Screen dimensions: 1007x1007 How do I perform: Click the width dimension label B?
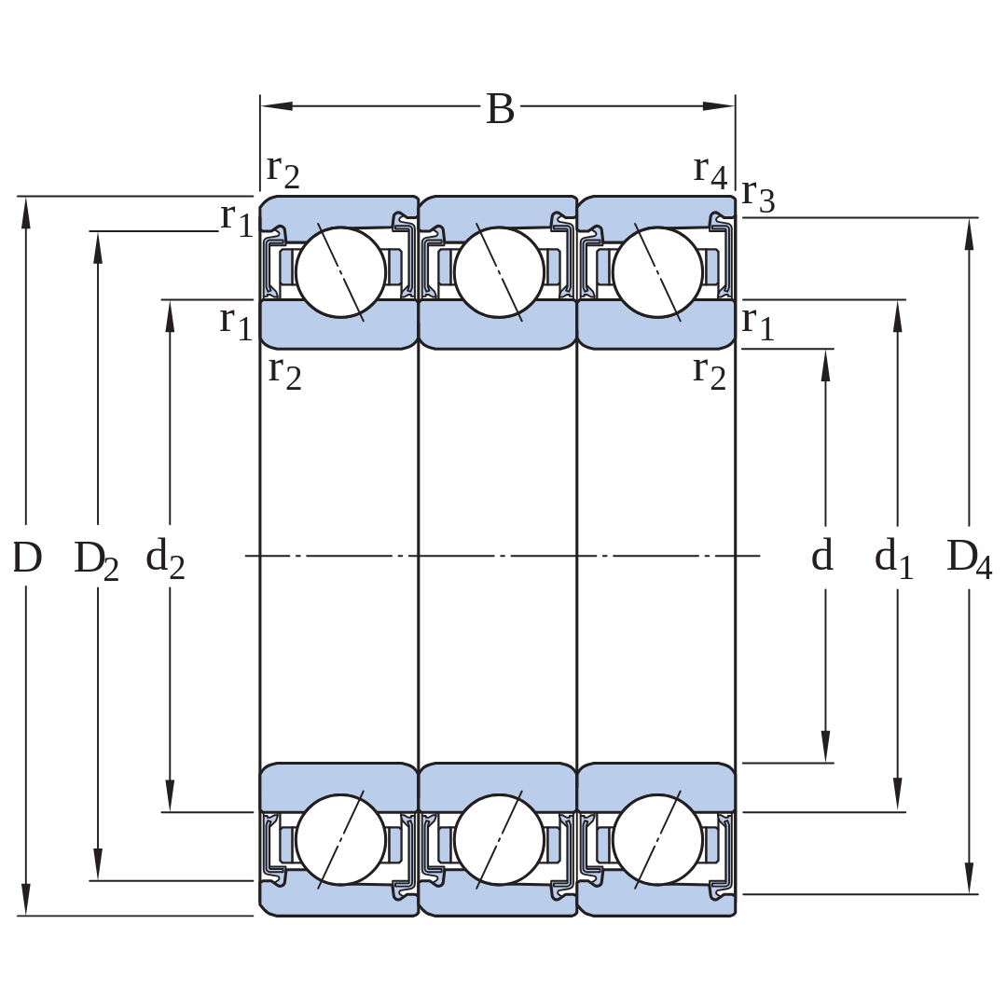(501, 108)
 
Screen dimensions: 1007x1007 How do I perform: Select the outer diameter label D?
(27, 557)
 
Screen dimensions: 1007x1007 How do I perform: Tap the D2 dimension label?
(96, 559)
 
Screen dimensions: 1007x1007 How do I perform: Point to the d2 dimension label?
(165, 558)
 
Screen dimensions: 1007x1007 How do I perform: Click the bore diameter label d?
(822, 554)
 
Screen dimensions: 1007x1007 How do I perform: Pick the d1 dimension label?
(893, 558)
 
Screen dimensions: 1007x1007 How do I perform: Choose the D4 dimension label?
(969, 559)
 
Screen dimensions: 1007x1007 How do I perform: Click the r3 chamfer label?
(758, 195)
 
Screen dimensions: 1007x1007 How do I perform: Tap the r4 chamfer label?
(710, 172)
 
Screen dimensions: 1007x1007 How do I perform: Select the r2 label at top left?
(283, 172)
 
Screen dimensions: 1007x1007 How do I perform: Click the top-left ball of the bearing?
(340, 271)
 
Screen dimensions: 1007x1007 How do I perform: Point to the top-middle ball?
(499, 271)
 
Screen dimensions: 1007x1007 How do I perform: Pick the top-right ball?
(657, 271)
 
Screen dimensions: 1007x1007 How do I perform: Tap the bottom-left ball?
(340, 839)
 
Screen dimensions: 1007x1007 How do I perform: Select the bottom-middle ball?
(499, 839)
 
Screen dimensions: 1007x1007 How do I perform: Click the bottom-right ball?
(657, 839)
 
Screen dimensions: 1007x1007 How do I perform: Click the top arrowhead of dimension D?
(26, 213)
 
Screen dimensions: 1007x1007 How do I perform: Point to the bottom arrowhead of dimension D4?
(969, 877)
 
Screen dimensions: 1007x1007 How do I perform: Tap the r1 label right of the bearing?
(758, 324)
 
